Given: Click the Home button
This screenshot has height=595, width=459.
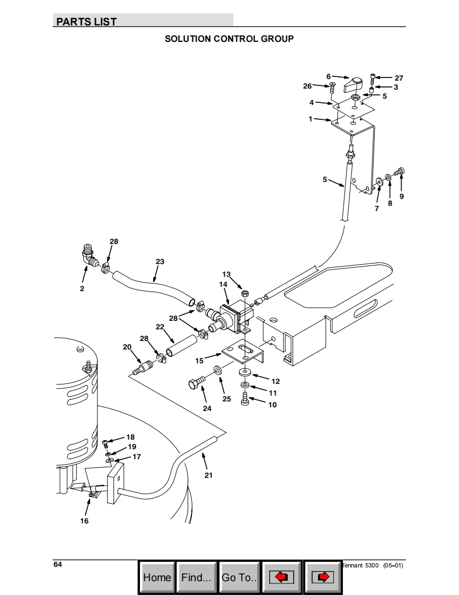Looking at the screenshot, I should pyautogui.click(x=157, y=577).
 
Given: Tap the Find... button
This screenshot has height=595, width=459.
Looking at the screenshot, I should pyautogui.click(x=196, y=577).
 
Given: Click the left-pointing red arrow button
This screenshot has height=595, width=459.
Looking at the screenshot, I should pyautogui.click(x=281, y=577).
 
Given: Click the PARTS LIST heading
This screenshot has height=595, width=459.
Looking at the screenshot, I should pyautogui.click(x=86, y=22).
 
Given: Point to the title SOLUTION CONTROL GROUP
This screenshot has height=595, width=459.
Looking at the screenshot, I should pyautogui.click(x=229, y=39).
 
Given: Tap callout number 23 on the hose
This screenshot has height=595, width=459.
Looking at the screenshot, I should pyautogui.click(x=160, y=261).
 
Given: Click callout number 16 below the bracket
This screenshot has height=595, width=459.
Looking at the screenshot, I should pyautogui.click(x=84, y=521).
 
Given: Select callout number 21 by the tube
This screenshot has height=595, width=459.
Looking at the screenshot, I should pyautogui.click(x=208, y=475).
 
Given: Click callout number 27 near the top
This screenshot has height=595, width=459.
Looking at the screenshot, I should pyautogui.click(x=399, y=78).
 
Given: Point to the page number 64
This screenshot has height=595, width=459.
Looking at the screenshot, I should pyautogui.click(x=58, y=564).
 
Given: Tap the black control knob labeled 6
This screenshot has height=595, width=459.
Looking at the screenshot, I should pyautogui.click(x=352, y=83).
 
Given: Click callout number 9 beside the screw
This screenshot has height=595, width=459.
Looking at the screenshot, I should pyautogui.click(x=401, y=196).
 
